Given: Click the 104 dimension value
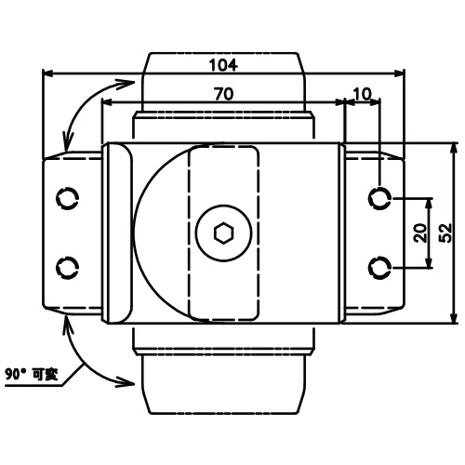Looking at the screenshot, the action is pyautogui.click(x=223, y=65).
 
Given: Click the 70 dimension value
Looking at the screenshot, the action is pyautogui.click(x=223, y=94).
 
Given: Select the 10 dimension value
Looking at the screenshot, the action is pyautogui.click(x=362, y=94).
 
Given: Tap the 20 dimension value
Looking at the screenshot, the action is pyautogui.click(x=420, y=232).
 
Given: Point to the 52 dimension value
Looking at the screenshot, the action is pyautogui.click(x=445, y=232).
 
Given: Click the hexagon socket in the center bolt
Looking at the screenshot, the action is pyautogui.click(x=223, y=232).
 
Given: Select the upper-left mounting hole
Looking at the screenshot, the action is pyautogui.click(x=67, y=198).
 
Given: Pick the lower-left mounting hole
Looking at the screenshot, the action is pyautogui.click(x=67, y=267).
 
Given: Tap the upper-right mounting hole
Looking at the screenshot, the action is pyautogui.click(x=379, y=198).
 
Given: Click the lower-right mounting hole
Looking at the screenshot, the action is pyautogui.click(x=379, y=267).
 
